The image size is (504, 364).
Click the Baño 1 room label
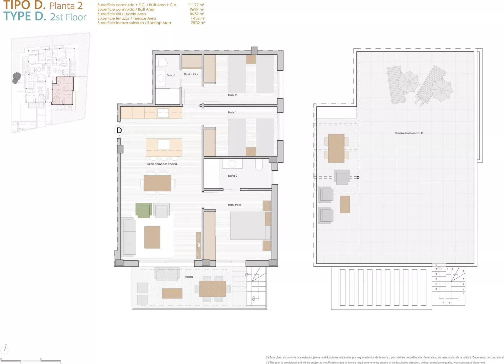(x=171, y=75)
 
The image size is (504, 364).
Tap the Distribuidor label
(x=191, y=74)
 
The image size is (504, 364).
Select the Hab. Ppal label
(x=234, y=205)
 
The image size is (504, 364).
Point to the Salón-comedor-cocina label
(x=162, y=164)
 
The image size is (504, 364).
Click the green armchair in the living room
(x=144, y=210)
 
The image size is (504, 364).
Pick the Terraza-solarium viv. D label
(x=409, y=133)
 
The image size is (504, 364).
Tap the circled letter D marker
(x=119, y=130)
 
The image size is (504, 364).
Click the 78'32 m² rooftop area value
(x=198, y=23)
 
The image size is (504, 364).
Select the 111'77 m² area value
(x=196, y=5)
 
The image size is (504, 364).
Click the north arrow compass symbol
(x=5, y=349)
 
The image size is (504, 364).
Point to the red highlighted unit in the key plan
(x=63, y=91)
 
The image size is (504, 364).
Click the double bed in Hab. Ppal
(x=250, y=226)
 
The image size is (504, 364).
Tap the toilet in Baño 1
(x=162, y=63)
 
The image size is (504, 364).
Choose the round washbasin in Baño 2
(x=232, y=163)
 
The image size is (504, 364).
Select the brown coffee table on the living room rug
(x=152, y=237)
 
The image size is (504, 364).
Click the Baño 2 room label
(x=233, y=176)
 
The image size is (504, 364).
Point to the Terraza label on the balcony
(x=188, y=277)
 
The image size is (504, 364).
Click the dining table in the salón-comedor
(x=157, y=183)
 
